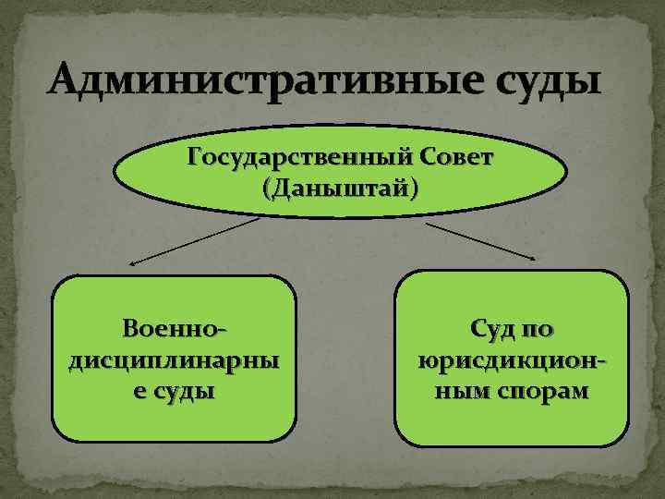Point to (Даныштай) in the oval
[339, 189]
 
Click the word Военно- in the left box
[175, 329]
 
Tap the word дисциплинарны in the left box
[174, 359]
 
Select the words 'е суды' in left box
[174, 390]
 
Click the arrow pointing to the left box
[194, 242]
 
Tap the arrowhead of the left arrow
[132, 263]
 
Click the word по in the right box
[537, 329]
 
